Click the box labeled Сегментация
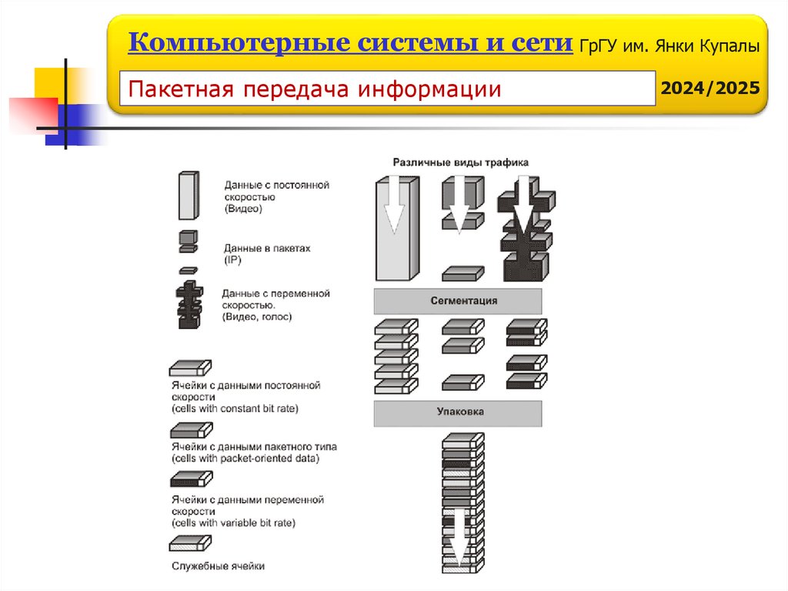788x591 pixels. (x=458, y=301)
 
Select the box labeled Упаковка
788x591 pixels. (x=458, y=413)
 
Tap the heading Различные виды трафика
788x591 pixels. (x=460, y=163)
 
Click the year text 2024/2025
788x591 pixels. (x=710, y=88)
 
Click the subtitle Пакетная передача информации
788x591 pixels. (x=315, y=89)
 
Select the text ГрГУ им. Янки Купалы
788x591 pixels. (x=669, y=45)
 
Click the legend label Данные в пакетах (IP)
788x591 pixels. (x=267, y=254)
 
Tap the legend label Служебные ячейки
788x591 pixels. (x=218, y=566)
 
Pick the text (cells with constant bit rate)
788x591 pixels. (x=235, y=408)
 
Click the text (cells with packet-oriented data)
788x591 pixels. (x=245, y=458)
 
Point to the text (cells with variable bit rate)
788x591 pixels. (x=233, y=523)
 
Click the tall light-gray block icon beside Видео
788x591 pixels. (x=189, y=195)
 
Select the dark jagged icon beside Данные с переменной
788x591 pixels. (x=189, y=304)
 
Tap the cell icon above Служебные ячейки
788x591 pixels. (x=191, y=543)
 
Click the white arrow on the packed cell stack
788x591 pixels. (x=459, y=536)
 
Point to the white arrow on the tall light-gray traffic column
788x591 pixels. (x=394, y=204)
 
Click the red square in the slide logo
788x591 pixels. (x=33, y=114)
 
